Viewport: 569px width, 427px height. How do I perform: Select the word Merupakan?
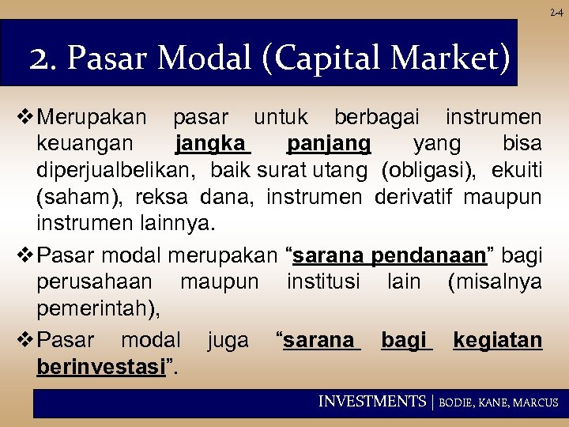[92, 119]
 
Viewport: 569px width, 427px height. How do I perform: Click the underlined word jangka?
[212, 145]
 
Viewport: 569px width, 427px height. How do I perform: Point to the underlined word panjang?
[329, 145]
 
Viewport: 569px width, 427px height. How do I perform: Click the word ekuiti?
[516, 169]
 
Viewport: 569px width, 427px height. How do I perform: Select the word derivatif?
[416, 195]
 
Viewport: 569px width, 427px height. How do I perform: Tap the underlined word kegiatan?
[497, 341]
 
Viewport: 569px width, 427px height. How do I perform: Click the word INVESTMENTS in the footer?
[371, 402]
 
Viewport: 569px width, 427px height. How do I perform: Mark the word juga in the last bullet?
[228, 341]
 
